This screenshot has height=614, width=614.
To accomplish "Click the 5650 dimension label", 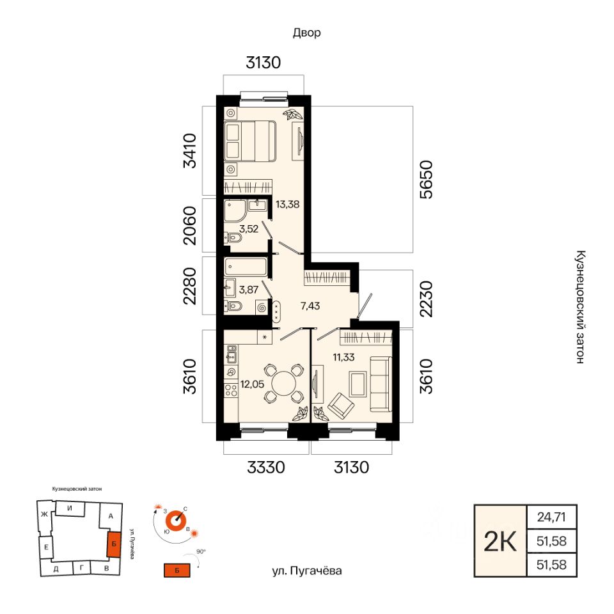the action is click(x=427, y=179).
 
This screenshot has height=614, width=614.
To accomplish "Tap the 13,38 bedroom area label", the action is click(x=287, y=204).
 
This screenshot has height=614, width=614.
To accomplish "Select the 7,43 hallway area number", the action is click(x=310, y=306).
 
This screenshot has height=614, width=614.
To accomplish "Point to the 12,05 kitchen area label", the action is click(x=252, y=384).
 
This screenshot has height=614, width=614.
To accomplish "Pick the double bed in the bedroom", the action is click(x=250, y=141).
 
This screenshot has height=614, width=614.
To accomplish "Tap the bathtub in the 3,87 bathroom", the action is click(x=246, y=267).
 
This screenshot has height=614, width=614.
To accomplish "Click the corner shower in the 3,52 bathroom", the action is click(x=235, y=212).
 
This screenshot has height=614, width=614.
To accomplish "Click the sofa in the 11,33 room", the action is click(x=381, y=384).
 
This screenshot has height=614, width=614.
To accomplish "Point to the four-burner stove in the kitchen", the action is click(x=231, y=390).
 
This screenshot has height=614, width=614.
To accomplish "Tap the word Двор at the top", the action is click(x=306, y=33).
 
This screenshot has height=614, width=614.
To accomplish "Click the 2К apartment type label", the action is click(x=500, y=542).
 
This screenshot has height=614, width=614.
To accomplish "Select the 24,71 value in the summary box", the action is click(x=551, y=517).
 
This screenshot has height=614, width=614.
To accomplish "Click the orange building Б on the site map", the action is click(x=114, y=544).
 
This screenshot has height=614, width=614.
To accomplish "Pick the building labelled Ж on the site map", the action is click(x=44, y=514).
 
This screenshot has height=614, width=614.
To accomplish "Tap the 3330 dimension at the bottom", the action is click(x=266, y=467).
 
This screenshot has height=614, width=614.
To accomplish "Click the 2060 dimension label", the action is click(x=189, y=226).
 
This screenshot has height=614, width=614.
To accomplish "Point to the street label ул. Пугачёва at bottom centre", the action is click(x=306, y=571).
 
